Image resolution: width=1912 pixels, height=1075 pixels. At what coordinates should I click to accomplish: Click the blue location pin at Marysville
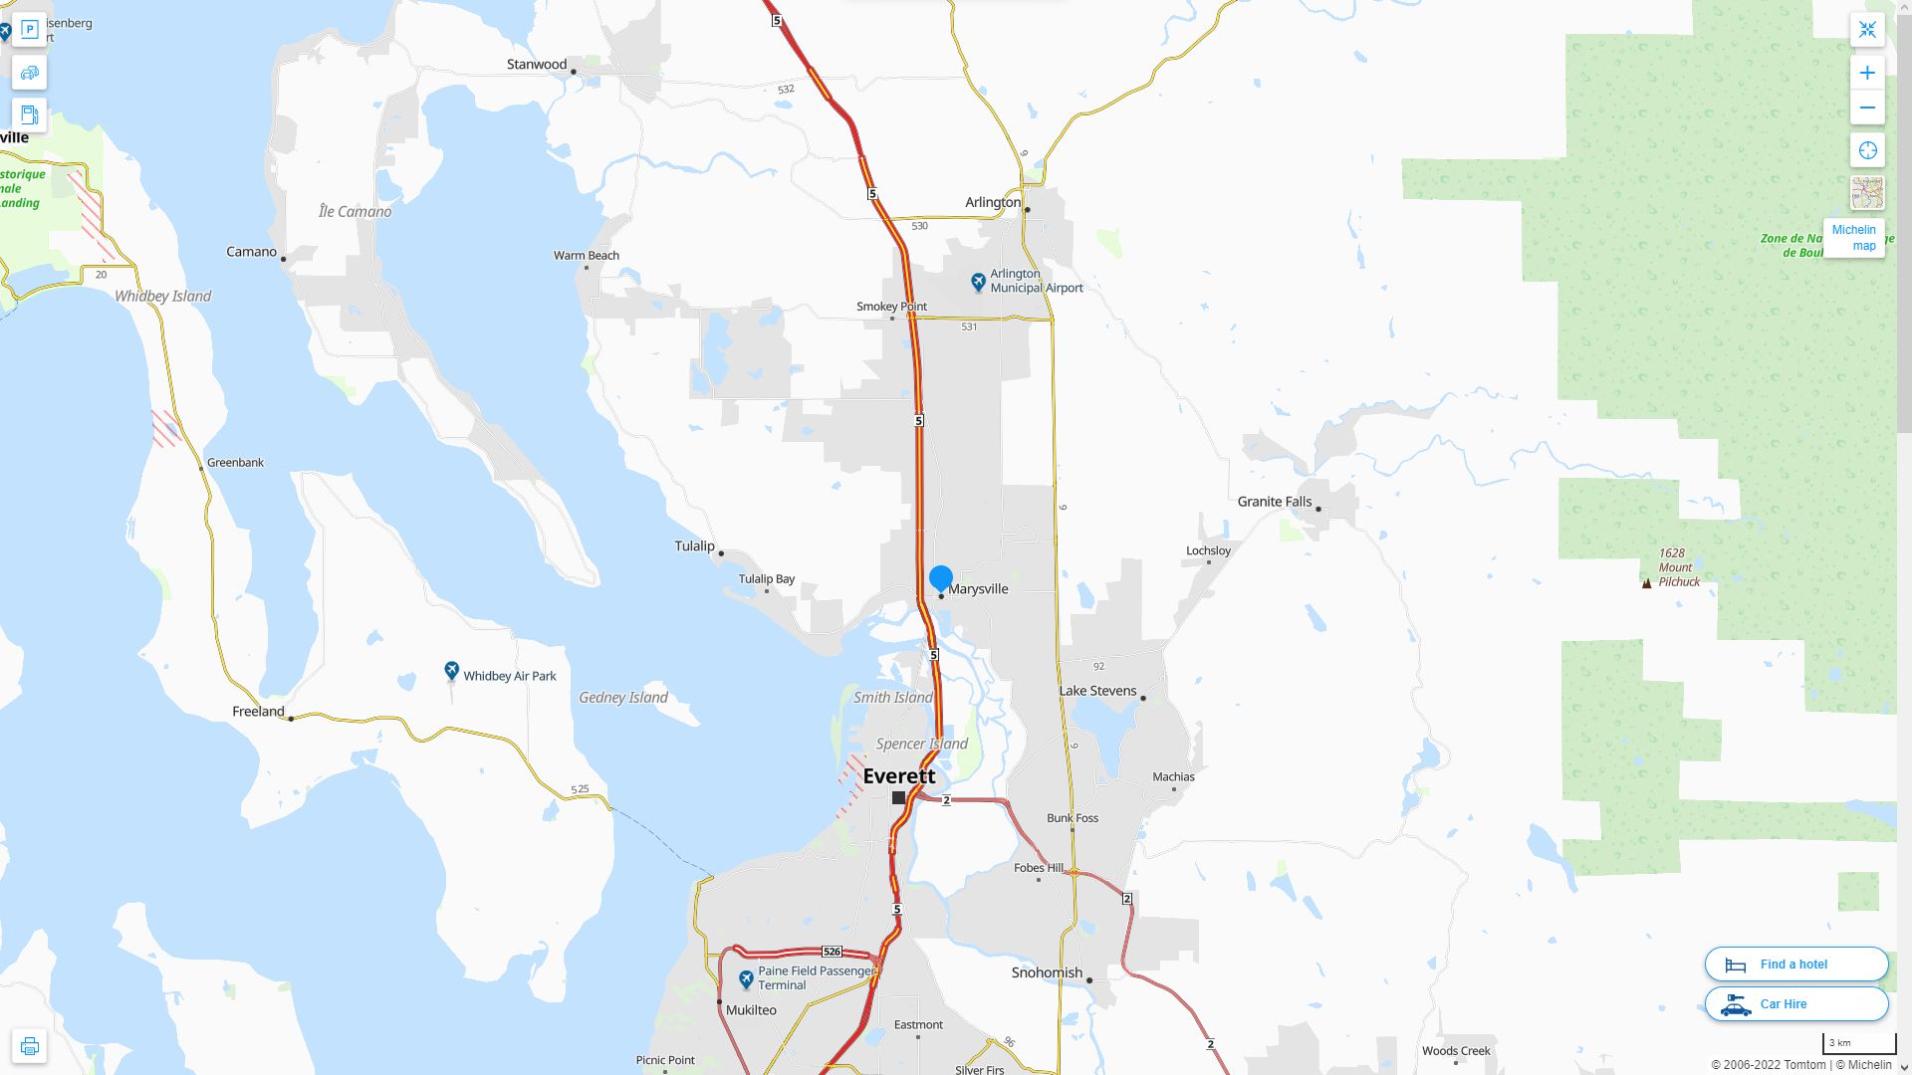[940, 577]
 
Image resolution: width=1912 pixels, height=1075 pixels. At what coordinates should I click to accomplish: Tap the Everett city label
[898, 775]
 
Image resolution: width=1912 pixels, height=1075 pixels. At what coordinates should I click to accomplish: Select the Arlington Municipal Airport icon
[978, 282]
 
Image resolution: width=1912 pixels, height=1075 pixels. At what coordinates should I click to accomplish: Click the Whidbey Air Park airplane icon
[451, 672]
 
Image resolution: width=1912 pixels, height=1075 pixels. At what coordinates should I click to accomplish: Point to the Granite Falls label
[1274, 502]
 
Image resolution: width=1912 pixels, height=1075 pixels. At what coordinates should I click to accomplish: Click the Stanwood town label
[536, 65]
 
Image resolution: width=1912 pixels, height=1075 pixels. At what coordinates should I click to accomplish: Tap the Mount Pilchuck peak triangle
[1646, 583]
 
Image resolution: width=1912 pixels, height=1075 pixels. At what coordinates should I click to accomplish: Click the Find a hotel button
[1795, 964]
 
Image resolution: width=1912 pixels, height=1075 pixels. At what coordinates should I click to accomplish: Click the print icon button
[29, 1046]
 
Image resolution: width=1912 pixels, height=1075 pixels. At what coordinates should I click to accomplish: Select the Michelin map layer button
[1853, 237]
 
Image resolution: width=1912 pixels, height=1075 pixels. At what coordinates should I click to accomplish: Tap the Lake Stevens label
[1097, 691]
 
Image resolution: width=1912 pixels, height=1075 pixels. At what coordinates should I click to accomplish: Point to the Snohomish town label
[1047, 972]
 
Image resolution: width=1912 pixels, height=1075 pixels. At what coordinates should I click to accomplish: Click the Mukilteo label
[751, 1009]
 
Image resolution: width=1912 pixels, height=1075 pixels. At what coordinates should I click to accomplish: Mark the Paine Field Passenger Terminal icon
[746, 979]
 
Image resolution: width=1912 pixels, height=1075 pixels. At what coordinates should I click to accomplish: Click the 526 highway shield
[833, 952]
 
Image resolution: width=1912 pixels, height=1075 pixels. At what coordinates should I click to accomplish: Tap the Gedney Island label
[623, 698]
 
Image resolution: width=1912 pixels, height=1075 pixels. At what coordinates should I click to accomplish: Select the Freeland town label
[258, 712]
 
